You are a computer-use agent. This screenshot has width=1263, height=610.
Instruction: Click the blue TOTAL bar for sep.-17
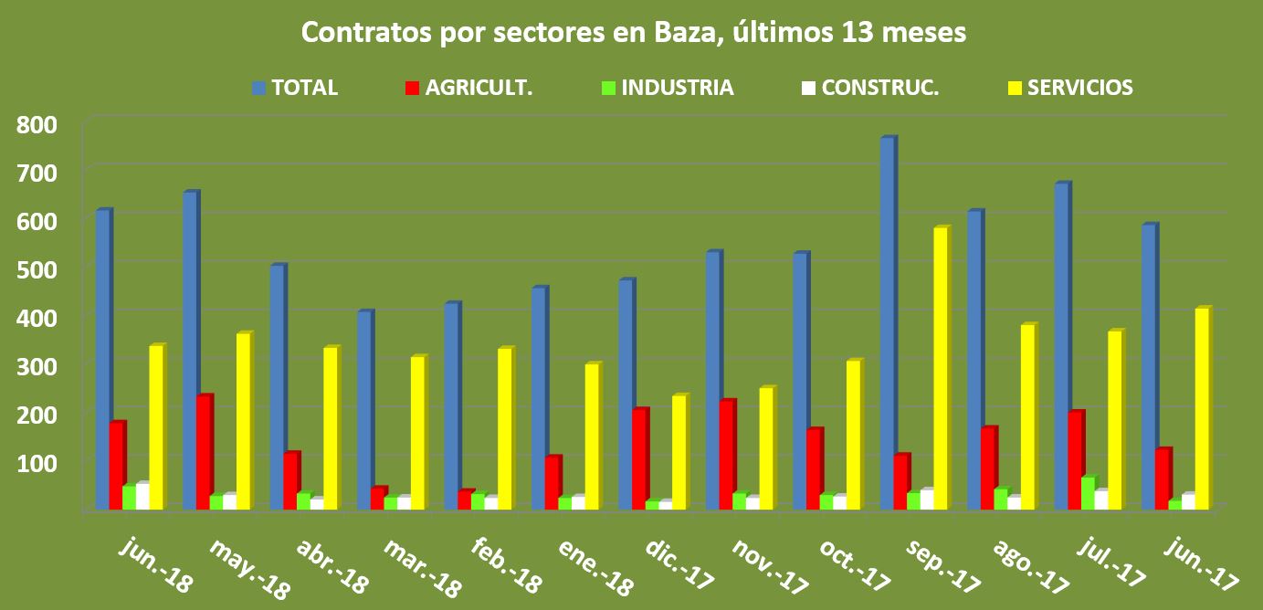point(886,324)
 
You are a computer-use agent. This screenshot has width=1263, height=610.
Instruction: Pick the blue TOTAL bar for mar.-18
point(363,411)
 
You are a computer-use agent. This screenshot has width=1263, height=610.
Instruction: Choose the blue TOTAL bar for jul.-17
point(1060,347)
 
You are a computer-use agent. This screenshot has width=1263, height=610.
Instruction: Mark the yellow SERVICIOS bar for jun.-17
point(1202,409)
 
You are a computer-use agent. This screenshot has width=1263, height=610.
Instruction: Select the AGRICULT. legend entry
point(468,88)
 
